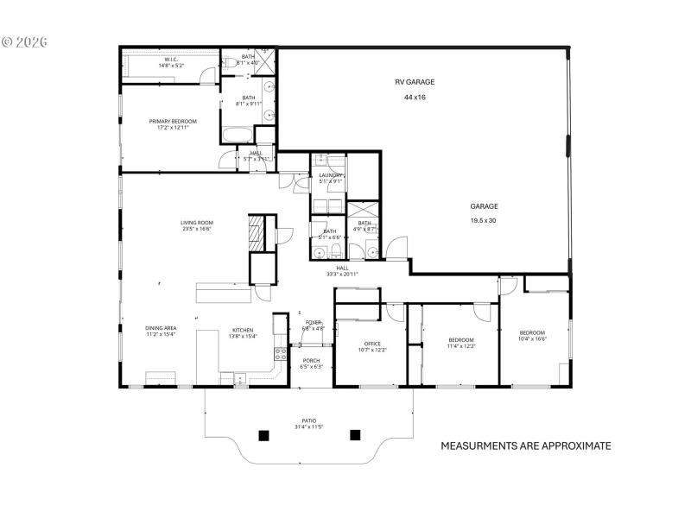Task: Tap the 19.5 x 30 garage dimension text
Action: point(484,221)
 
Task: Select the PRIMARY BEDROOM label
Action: point(173,122)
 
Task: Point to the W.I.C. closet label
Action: point(170,60)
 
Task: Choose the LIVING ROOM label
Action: point(197,223)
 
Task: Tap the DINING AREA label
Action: point(161,329)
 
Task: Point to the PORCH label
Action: point(311,361)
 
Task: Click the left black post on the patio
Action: point(263,434)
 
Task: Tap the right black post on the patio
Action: point(354,434)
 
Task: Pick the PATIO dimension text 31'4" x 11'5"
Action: point(308,427)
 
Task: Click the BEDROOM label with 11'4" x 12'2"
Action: point(460,340)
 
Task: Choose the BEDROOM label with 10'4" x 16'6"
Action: point(532,333)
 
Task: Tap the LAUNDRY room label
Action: point(331,175)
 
